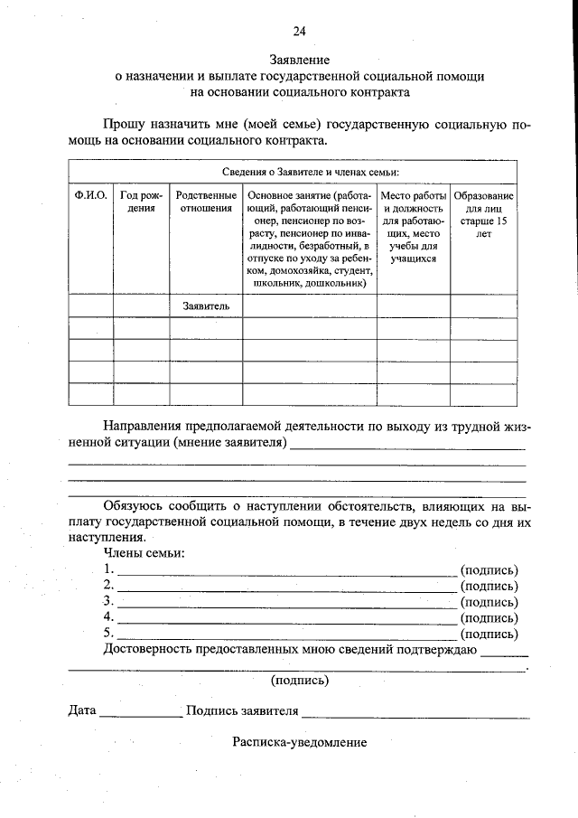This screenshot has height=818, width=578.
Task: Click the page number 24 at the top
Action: point(299,31)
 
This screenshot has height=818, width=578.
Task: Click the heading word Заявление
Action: point(299,61)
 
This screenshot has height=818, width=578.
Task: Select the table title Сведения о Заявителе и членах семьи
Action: point(298,171)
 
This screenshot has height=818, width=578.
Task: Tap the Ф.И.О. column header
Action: point(90,195)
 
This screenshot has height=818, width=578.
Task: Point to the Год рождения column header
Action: point(141,202)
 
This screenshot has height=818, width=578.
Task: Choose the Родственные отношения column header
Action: point(206,202)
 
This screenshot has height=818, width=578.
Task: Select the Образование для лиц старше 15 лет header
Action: point(483,214)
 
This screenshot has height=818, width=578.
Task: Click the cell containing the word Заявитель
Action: point(206,306)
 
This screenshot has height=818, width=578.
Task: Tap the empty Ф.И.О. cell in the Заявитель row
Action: point(90,306)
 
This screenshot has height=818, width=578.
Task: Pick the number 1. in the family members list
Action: point(108,569)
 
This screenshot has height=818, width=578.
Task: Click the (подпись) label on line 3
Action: point(489,602)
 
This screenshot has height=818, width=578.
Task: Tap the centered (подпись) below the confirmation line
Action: point(300,680)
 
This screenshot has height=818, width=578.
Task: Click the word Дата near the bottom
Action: point(82,710)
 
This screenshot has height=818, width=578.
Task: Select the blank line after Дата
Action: point(140,715)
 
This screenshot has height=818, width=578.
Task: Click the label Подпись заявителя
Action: point(241,710)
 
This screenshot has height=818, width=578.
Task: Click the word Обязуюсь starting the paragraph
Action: point(133,505)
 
